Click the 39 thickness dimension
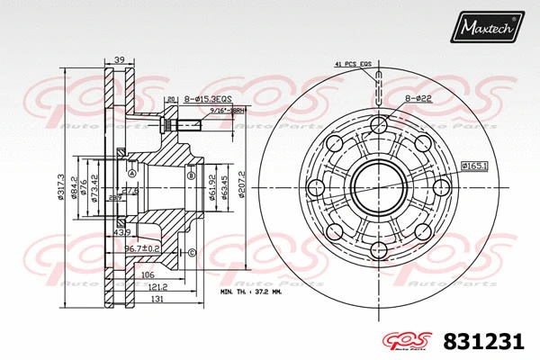click(118, 60)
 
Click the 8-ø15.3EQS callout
click(208, 100)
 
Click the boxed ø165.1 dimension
click(474, 166)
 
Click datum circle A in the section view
click(131, 174)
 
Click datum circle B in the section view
click(191, 177)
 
